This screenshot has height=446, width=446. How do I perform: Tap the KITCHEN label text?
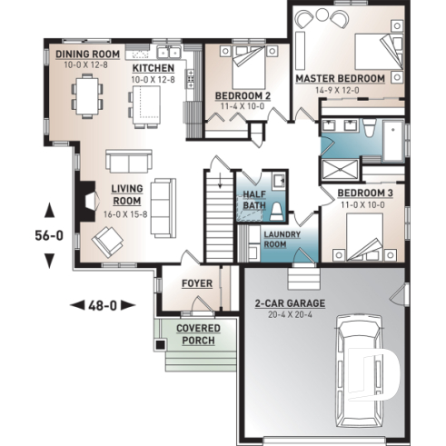[x=154, y=68]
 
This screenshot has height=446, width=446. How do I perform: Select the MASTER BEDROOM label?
[x=341, y=79]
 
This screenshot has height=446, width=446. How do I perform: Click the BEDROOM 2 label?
[x=243, y=94]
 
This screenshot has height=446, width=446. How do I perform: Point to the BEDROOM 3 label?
[x=365, y=193]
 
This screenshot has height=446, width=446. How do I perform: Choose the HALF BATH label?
[x=253, y=201]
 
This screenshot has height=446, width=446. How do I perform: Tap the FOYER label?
[x=196, y=283]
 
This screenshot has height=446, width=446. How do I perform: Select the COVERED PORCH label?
[x=196, y=333]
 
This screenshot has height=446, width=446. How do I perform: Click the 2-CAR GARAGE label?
[x=290, y=302]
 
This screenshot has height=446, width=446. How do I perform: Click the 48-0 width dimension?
[x=102, y=305]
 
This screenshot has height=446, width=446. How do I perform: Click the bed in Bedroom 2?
[x=245, y=62]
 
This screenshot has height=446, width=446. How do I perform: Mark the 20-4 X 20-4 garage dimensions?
[x=290, y=315]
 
